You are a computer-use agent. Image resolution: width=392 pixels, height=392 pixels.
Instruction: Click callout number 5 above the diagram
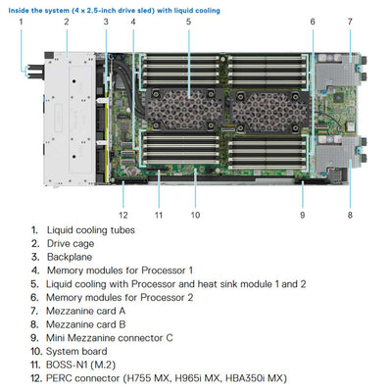tap(189, 21)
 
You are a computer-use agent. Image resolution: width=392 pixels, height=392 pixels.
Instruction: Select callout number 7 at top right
tap(350, 21)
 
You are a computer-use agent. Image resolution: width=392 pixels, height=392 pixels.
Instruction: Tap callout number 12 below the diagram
tap(122, 214)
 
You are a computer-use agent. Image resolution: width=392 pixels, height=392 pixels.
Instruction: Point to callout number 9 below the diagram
tap(302, 214)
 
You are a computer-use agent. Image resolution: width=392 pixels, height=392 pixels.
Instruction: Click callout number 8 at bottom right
tap(350, 214)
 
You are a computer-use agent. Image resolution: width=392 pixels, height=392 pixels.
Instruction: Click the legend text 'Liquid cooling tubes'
tap(91, 230)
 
